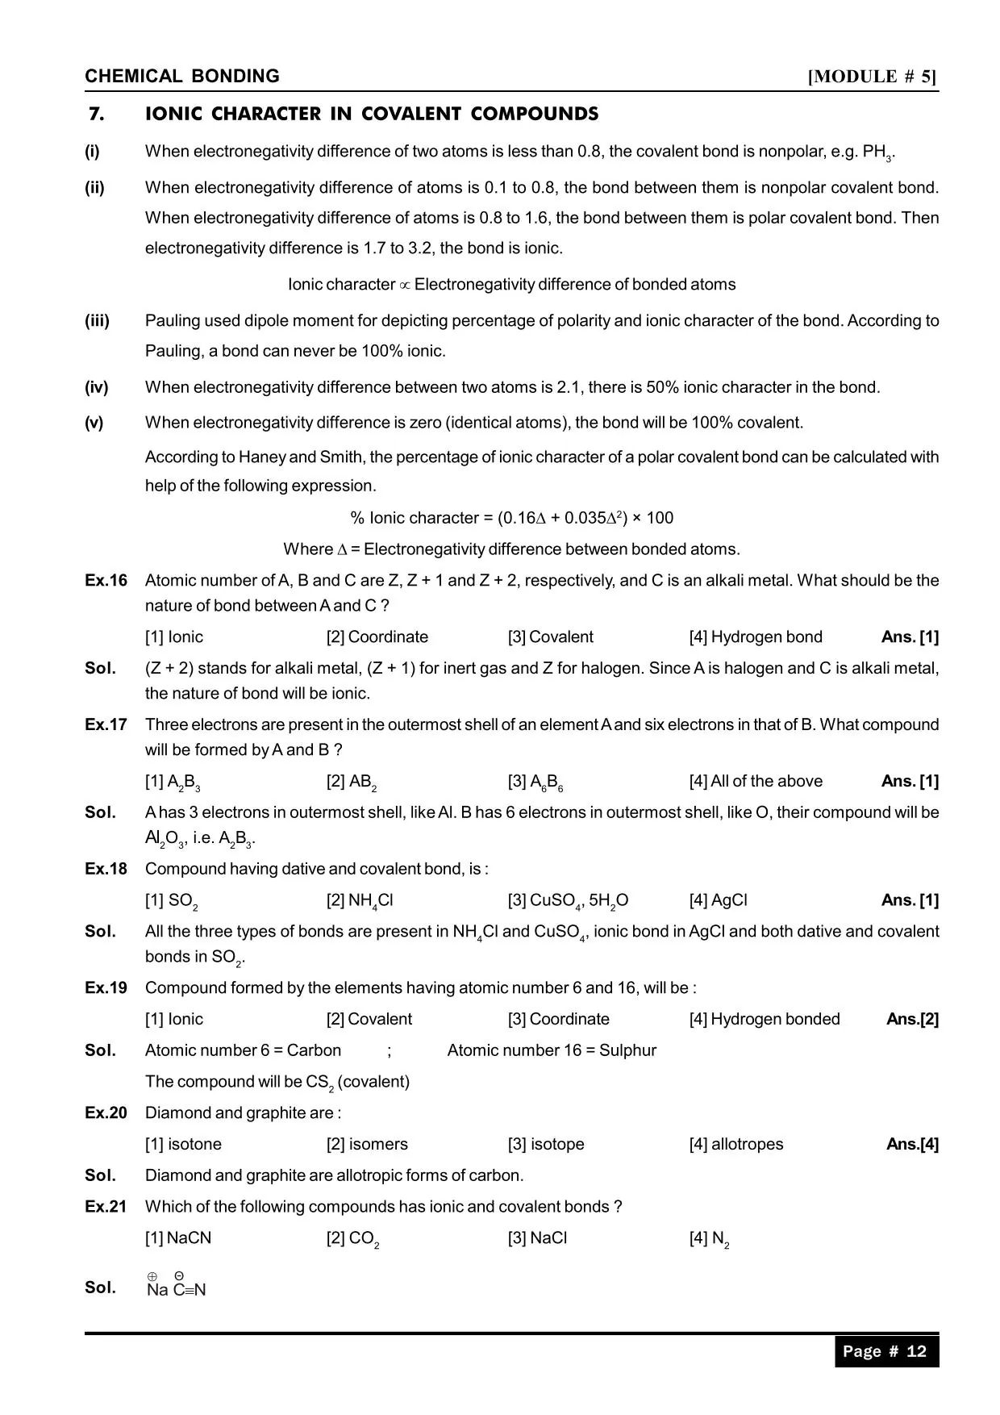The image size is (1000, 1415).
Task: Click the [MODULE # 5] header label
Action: click(x=873, y=77)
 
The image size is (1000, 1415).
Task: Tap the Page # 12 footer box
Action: click(x=885, y=1351)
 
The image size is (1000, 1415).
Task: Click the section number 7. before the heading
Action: click(x=97, y=114)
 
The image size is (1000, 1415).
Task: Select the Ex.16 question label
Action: click(x=106, y=581)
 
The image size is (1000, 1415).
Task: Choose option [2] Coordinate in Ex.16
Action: click(x=377, y=637)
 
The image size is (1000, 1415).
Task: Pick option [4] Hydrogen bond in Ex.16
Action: click(x=755, y=637)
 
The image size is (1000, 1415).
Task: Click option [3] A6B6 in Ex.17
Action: click(x=535, y=782)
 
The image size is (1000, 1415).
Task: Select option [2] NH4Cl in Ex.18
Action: click(x=360, y=901)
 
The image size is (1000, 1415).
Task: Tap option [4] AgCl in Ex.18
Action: click(x=718, y=900)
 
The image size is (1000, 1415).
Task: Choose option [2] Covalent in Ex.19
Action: click(x=369, y=1020)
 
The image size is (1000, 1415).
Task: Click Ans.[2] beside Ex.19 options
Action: click(x=912, y=1020)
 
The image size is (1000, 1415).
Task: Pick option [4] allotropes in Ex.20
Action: click(x=735, y=1145)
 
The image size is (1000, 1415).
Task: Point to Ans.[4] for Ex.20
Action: click(x=912, y=1145)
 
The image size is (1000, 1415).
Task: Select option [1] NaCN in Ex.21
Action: click(x=178, y=1238)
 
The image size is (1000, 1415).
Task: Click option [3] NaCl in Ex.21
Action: click(x=537, y=1238)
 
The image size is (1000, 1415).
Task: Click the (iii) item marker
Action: click(x=97, y=321)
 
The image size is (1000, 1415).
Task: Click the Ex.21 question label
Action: click(x=106, y=1207)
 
